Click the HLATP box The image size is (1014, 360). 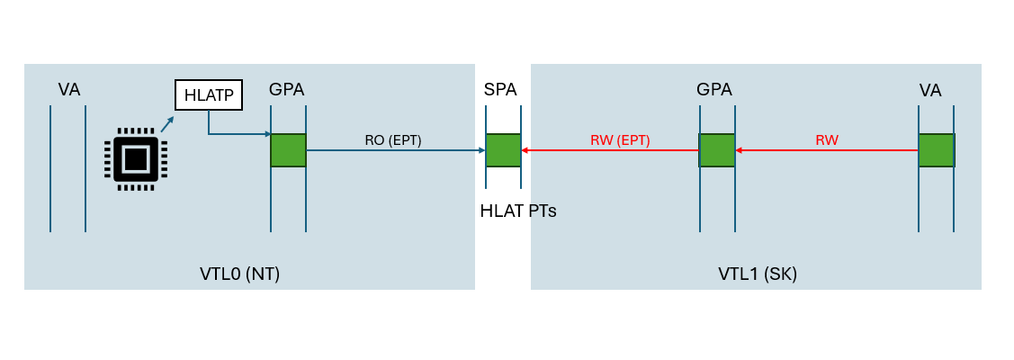pyautogui.click(x=209, y=94)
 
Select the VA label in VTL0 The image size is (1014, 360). pyautogui.click(x=69, y=89)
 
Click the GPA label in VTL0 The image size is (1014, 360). pyautogui.click(x=286, y=89)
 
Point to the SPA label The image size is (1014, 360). pyautogui.click(x=500, y=89)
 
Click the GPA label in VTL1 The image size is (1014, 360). pyautogui.click(x=714, y=89)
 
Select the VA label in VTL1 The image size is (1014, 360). pyautogui.click(x=930, y=90)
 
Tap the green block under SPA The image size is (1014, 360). pyautogui.click(x=503, y=150)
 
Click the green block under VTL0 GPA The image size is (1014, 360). pyautogui.click(x=288, y=150)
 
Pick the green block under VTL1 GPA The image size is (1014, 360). pyautogui.click(x=717, y=150)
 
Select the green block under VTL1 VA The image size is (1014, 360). pyautogui.click(x=936, y=150)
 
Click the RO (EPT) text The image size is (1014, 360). pyautogui.click(x=392, y=139)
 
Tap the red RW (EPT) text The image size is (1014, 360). pyautogui.click(x=620, y=139)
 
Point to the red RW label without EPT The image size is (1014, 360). pyautogui.click(x=827, y=139)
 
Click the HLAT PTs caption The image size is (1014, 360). pyautogui.click(x=518, y=211)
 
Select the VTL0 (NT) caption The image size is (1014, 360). pyautogui.click(x=240, y=274)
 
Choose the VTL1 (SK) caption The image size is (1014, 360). pyautogui.click(x=758, y=274)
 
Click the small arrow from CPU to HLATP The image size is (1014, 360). pyautogui.click(x=167, y=123)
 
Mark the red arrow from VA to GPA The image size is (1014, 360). pyautogui.click(x=827, y=150)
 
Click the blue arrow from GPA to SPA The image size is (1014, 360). pyautogui.click(x=396, y=150)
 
